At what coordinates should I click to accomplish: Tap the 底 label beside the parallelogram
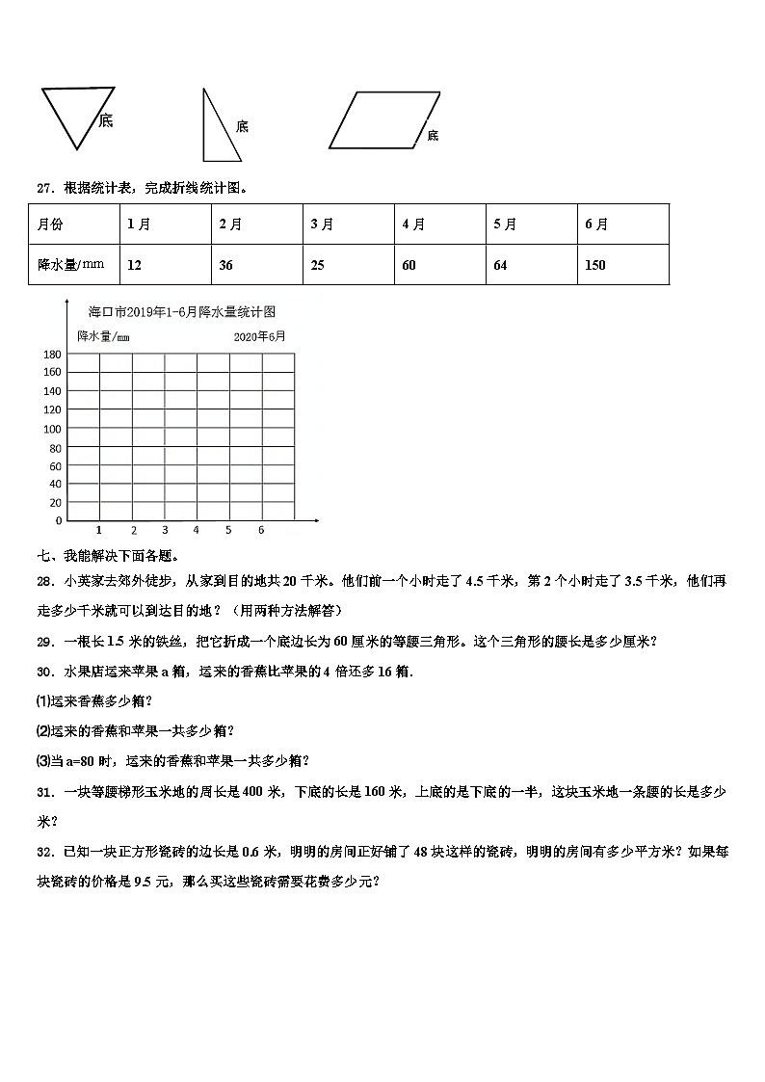point(433,136)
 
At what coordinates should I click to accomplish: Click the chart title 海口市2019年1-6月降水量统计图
point(182,312)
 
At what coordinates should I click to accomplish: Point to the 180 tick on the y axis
point(52,355)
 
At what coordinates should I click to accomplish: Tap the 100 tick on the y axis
point(52,429)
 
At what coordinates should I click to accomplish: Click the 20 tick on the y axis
point(55,503)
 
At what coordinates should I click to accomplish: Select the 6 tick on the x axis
point(261,530)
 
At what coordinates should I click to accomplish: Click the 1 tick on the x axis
point(100,530)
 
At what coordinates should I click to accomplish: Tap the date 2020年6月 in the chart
point(258,336)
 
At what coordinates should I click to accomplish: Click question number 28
point(44,581)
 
